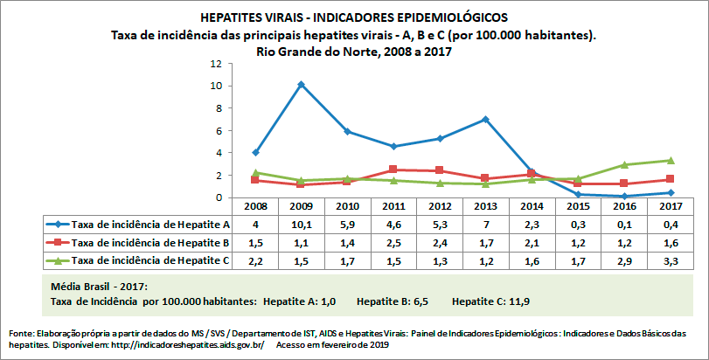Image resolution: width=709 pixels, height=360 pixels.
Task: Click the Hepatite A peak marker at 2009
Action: [x=301, y=85]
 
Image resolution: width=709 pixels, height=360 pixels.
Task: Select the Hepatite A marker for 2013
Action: [x=484, y=119]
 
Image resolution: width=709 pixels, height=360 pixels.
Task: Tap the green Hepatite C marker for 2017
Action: [x=669, y=160]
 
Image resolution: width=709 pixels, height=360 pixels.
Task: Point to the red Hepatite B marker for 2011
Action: [x=393, y=170]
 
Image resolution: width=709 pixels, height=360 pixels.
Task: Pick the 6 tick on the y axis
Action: [x=217, y=131]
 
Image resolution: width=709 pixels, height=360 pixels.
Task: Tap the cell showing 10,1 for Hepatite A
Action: [x=301, y=225]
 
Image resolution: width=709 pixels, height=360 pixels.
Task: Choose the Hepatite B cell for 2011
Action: [x=393, y=242]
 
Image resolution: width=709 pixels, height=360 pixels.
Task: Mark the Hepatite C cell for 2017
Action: [x=669, y=260]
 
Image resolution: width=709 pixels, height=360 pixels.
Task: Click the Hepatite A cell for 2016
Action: [x=622, y=225]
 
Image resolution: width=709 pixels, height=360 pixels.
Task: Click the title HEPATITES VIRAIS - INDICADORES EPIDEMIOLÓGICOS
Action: [x=353, y=17]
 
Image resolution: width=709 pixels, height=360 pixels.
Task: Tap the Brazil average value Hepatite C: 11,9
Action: [x=491, y=301]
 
